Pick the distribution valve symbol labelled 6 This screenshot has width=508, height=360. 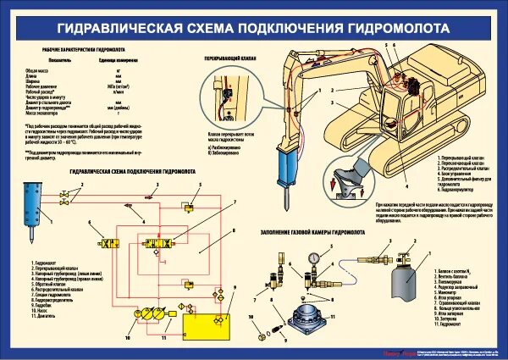click(115, 246)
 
